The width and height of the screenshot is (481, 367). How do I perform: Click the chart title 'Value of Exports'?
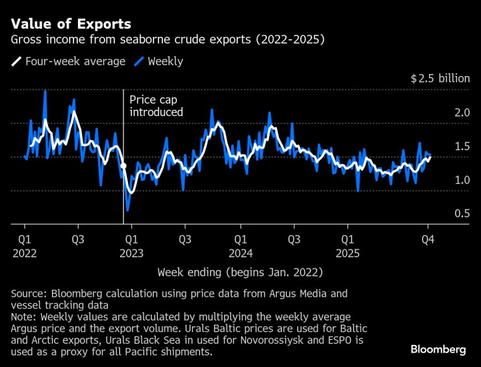pyautogui.click(x=71, y=24)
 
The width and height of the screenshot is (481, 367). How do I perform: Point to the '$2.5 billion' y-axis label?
pyautogui.click(x=439, y=79)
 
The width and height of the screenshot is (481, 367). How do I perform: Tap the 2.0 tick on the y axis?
pyautogui.click(x=461, y=112)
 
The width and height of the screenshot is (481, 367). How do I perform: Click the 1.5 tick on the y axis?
pyautogui.click(x=461, y=146)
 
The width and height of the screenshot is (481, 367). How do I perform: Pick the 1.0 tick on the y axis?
pyautogui.click(x=461, y=180)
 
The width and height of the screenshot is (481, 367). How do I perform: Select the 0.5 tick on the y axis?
pyautogui.click(x=461, y=214)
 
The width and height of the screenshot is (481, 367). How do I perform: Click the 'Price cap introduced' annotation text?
pyautogui.click(x=156, y=106)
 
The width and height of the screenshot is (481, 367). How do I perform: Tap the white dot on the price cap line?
pyautogui.click(x=123, y=167)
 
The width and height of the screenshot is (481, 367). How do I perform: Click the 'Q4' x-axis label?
pyautogui.click(x=428, y=238)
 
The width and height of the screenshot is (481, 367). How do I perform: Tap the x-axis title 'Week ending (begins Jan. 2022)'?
pyautogui.click(x=240, y=271)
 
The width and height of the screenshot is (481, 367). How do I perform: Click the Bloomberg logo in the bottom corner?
pyautogui.click(x=438, y=349)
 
